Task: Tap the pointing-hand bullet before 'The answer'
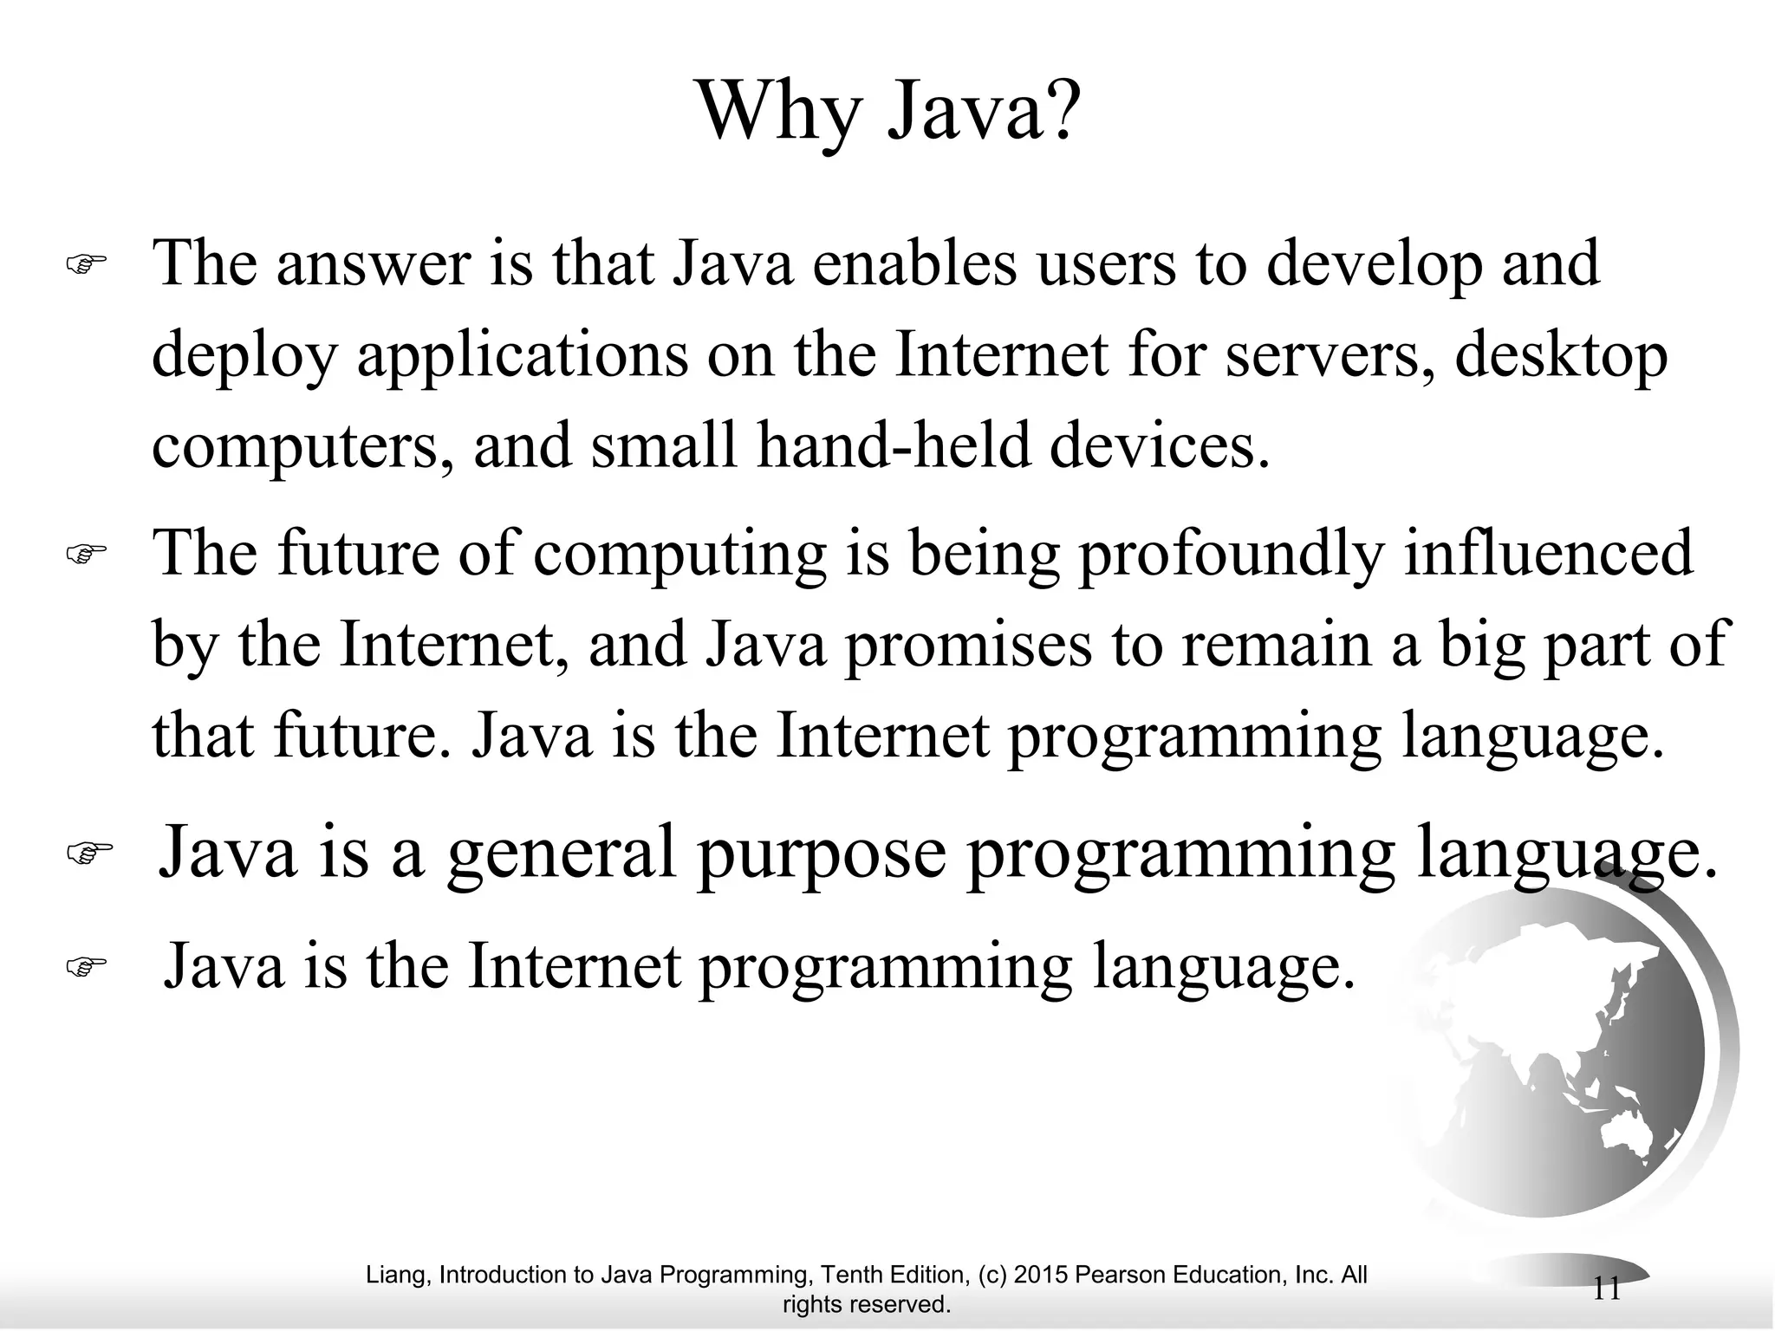(x=86, y=263)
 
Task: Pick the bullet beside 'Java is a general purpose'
(x=89, y=853)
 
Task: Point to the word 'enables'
(x=915, y=263)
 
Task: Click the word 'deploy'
(x=244, y=357)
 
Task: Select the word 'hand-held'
(x=894, y=447)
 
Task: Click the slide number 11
(x=1606, y=1289)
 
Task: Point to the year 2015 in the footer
(x=1040, y=1275)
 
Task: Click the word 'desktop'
(x=1561, y=357)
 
